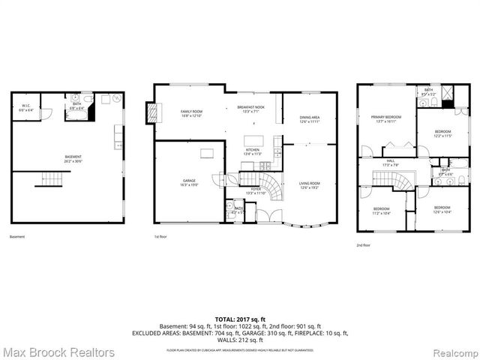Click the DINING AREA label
(x=310, y=118)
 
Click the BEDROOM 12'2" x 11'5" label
(x=442, y=134)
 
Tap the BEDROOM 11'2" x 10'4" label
(x=381, y=210)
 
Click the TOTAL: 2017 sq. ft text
(x=239, y=319)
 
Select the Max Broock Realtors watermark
(x=58, y=351)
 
